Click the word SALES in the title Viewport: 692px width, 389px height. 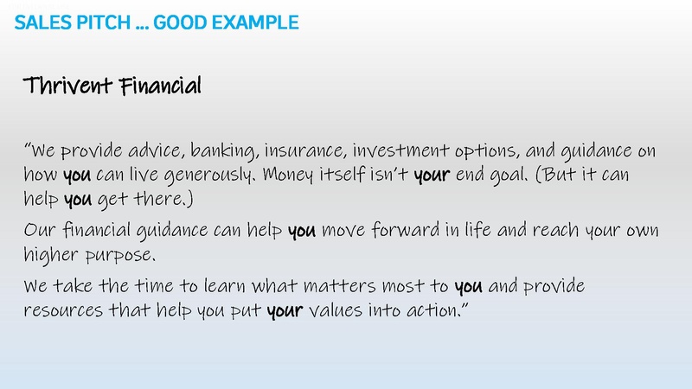[41, 21]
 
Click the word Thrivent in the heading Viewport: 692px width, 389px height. [68, 86]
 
